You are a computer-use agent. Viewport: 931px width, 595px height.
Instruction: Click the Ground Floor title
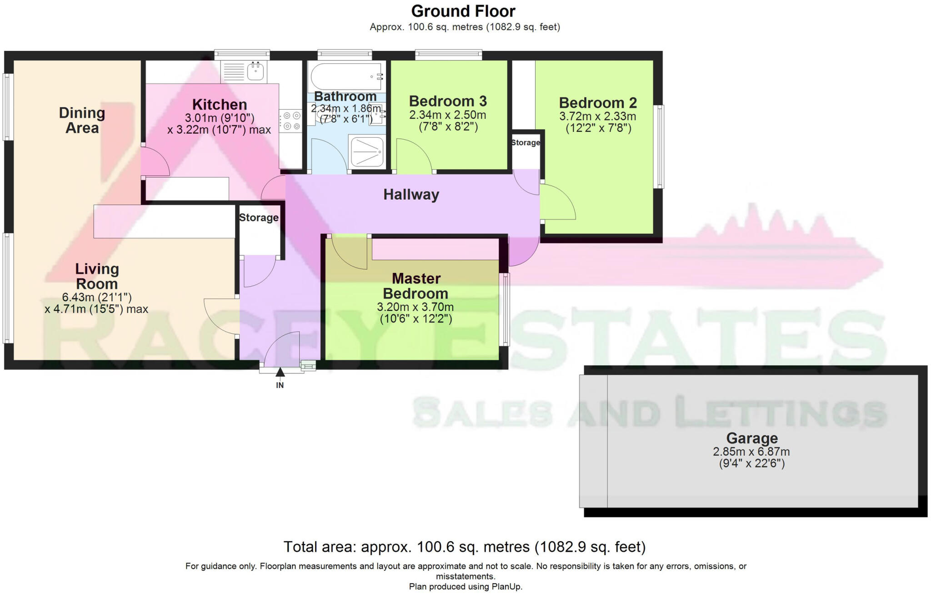pyautogui.click(x=463, y=11)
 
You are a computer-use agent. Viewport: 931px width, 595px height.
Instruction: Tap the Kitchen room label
pyautogui.click(x=220, y=104)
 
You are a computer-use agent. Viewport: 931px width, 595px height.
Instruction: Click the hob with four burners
pyautogui.click(x=290, y=121)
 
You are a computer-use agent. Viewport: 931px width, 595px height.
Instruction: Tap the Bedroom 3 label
pyautogui.click(x=448, y=101)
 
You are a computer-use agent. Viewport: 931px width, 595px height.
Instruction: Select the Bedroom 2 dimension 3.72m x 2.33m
pyautogui.click(x=597, y=116)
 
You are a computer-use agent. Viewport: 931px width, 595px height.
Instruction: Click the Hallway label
pyautogui.click(x=411, y=195)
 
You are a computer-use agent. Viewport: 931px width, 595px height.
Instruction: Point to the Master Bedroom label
pyautogui.click(x=415, y=286)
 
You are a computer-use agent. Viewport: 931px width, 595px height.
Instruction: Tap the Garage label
pyautogui.click(x=752, y=438)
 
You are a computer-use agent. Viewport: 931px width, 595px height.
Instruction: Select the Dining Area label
pyautogui.click(x=82, y=120)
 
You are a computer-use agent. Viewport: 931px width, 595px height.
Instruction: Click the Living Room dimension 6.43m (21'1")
pyautogui.click(x=97, y=297)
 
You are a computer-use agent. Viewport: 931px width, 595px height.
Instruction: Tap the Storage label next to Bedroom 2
pyautogui.click(x=526, y=142)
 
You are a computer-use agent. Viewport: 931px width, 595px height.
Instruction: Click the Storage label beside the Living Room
pyautogui.click(x=259, y=217)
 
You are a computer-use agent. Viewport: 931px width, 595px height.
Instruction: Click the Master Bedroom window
pyautogui.click(x=505, y=309)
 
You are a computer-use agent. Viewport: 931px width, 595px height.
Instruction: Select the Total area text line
pyautogui.click(x=464, y=546)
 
